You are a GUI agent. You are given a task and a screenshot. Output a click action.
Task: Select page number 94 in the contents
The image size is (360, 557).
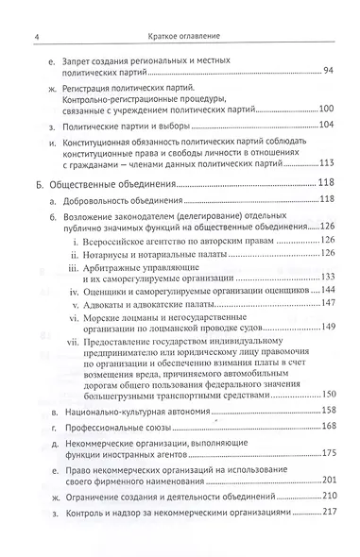327,72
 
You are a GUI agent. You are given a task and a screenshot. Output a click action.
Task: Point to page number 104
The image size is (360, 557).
326,127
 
